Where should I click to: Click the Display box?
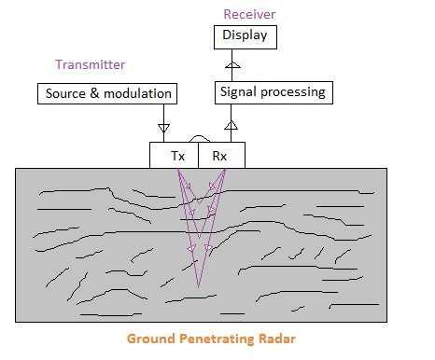tap(246, 36)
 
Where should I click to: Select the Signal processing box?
tap(273, 92)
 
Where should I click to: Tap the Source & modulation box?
tap(108, 94)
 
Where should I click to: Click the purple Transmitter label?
tap(90, 64)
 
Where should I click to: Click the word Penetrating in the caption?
tap(217, 339)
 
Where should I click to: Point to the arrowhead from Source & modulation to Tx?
tap(164, 126)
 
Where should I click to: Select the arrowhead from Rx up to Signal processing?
tap(232, 124)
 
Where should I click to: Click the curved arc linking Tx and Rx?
tap(199, 139)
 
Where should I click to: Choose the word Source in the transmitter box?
tap(65, 94)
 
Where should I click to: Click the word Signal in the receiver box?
tap(238, 92)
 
